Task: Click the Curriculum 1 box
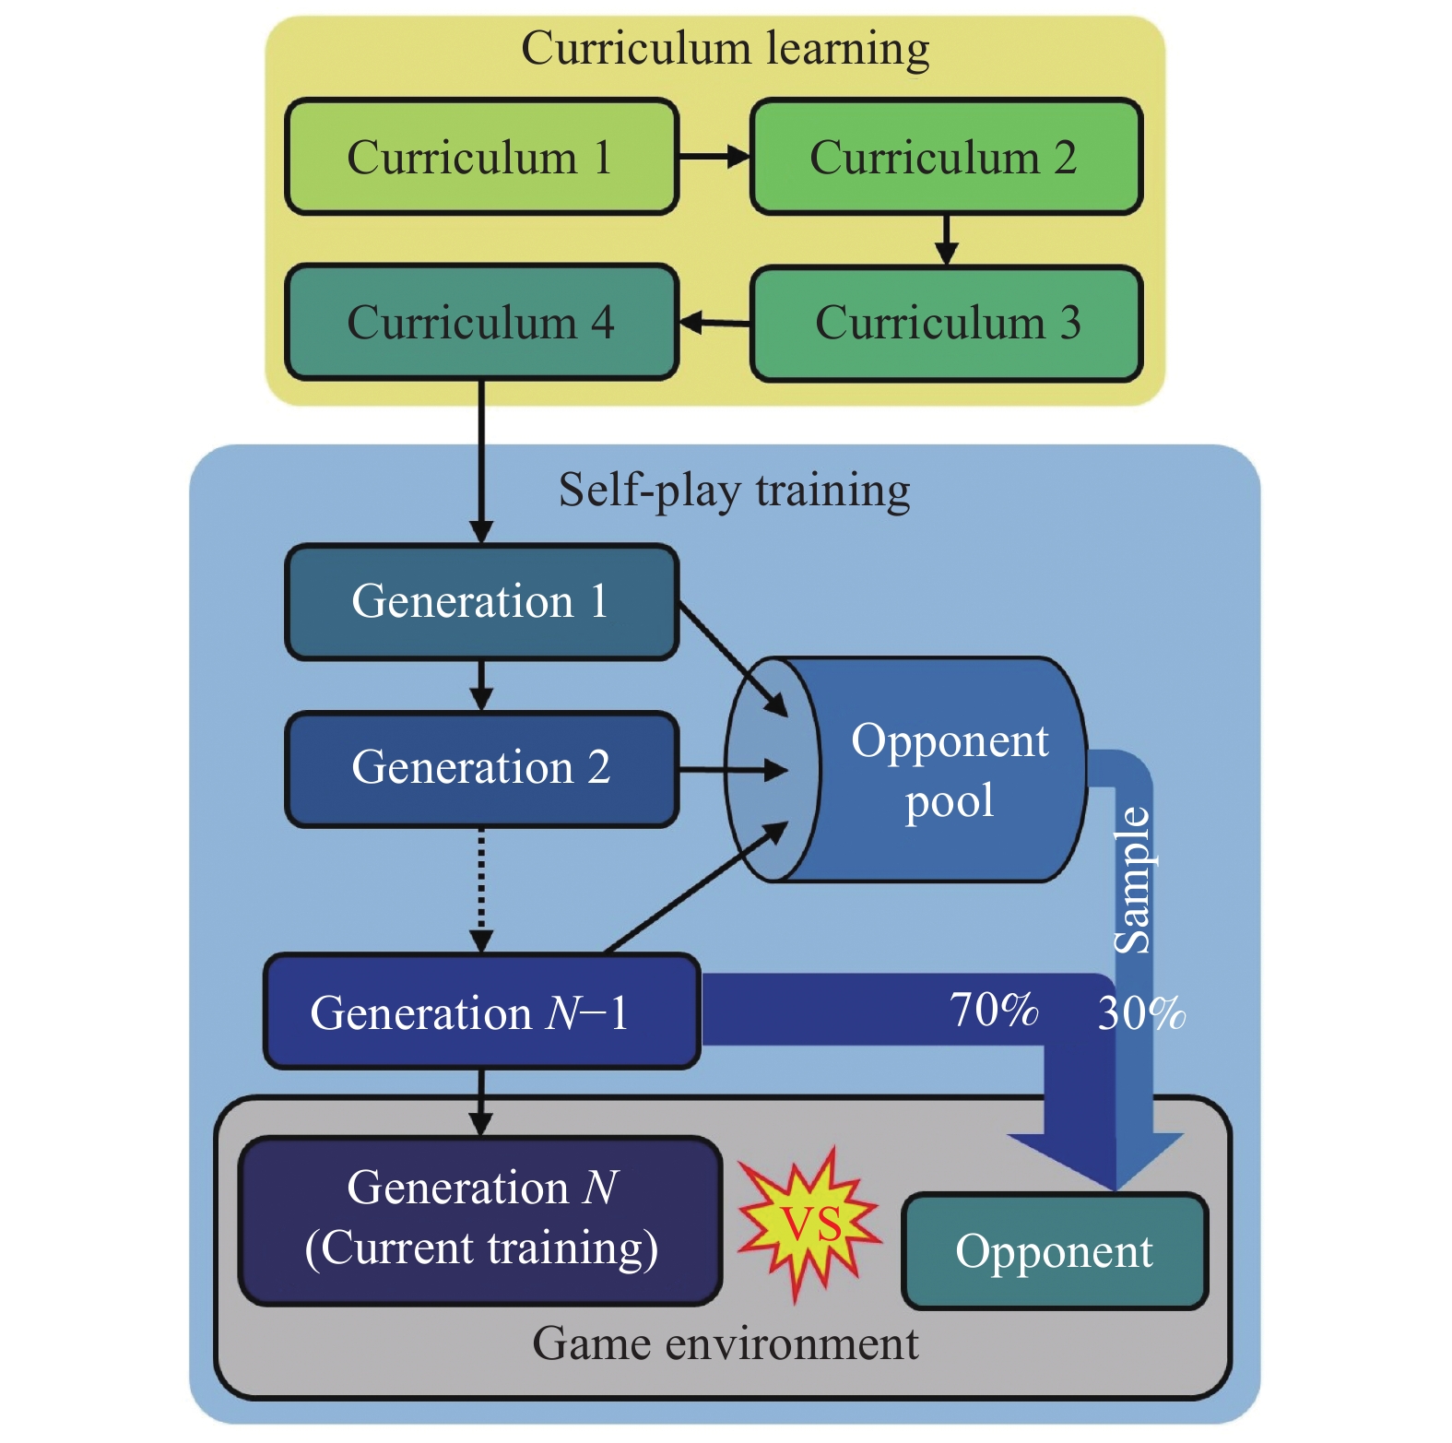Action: (481, 158)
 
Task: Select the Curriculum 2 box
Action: (946, 158)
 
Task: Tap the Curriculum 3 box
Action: (946, 324)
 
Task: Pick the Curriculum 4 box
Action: (481, 323)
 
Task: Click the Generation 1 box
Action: (481, 602)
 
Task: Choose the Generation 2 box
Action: (481, 768)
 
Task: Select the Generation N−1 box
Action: (481, 1012)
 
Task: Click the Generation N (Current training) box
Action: (480, 1220)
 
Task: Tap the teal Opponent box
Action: (1054, 1252)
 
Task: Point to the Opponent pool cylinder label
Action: (950, 770)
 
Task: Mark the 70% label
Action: (994, 1010)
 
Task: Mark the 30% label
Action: (1141, 1013)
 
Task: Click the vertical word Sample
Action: (1133, 881)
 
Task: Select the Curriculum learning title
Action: (725, 49)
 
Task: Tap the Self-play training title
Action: (734, 490)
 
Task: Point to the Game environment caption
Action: (725, 1344)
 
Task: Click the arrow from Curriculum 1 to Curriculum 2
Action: (714, 158)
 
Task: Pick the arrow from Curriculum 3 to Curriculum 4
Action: (715, 323)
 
